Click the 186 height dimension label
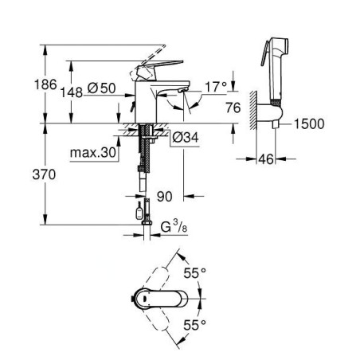[x=45, y=84]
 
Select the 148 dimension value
[x=71, y=92]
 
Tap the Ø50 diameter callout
[x=101, y=88]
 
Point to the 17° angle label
[x=217, y=87]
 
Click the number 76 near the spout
[x=233, y=108]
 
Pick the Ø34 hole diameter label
[x=186, y=138]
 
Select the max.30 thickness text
[x=93, y=153]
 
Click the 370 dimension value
[x=44, y=174]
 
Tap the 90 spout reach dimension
[x=165, y=197]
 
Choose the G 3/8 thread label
[x=174, y=227]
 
